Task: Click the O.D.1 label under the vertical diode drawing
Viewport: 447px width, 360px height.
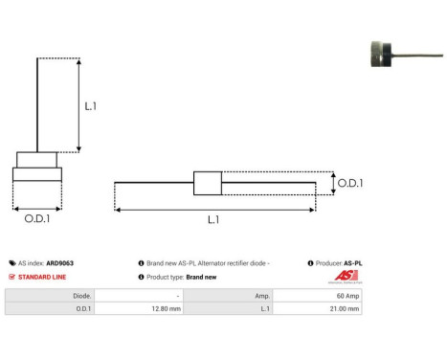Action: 37,219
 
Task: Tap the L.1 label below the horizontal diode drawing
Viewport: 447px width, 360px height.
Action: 213,220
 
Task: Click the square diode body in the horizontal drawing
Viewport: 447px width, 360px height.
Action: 208,183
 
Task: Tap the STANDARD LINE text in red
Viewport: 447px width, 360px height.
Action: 42,277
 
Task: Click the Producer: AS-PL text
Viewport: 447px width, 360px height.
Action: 338,262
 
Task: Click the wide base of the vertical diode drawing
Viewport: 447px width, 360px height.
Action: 37,174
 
